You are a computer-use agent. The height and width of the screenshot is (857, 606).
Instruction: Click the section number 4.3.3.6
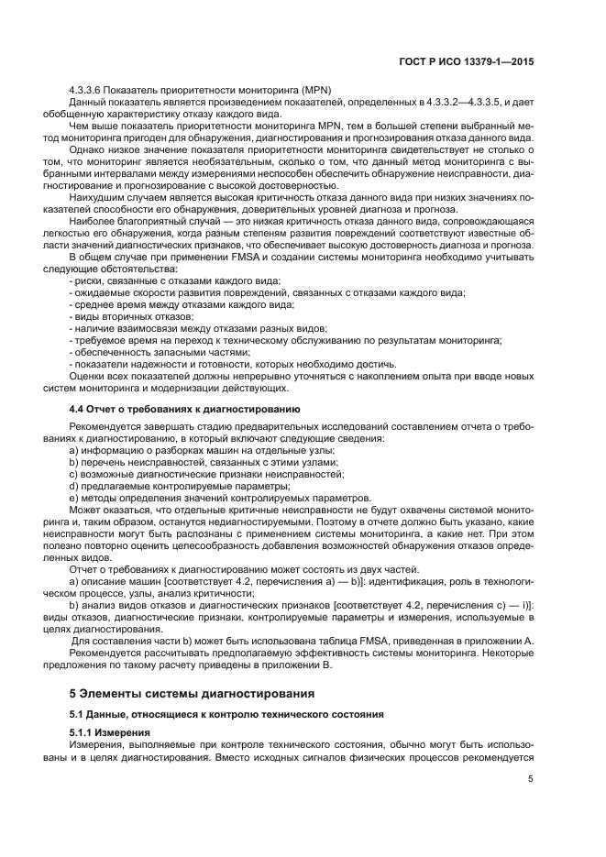pos(88,88)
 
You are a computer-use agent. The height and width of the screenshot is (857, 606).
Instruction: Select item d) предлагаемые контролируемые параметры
pos(166,486)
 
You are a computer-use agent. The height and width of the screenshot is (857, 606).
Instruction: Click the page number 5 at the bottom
pos(531,779)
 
